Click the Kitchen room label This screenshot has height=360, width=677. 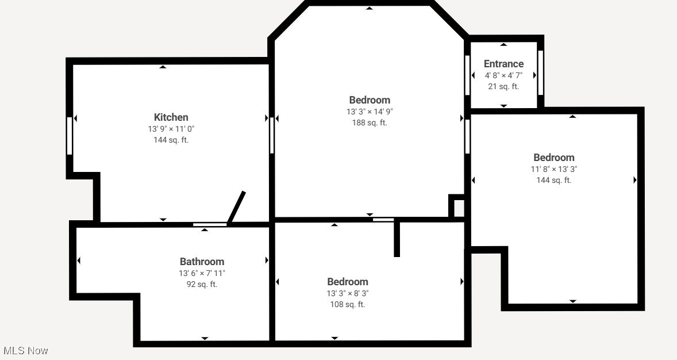171,117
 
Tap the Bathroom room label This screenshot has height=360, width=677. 202,262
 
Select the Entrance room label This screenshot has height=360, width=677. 503,64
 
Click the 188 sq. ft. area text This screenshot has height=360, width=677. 370,122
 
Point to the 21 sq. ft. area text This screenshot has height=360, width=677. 503,86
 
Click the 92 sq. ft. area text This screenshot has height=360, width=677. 202,284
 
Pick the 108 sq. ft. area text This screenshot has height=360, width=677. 348,304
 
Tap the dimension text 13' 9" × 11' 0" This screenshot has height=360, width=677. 171,129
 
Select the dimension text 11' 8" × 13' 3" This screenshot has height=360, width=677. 553,169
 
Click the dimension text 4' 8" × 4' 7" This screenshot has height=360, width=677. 503,75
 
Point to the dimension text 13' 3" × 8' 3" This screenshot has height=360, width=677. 348,293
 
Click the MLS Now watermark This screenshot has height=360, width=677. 26,350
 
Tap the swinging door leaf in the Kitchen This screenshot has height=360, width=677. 237,207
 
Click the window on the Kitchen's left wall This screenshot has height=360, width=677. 70,136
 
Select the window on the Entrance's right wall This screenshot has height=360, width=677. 540,72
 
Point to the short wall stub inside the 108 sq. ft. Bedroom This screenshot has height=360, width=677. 397,239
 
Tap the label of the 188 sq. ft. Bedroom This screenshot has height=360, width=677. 370,100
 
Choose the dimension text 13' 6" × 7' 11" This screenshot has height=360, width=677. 202,273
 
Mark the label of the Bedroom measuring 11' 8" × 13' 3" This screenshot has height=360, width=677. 553,158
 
